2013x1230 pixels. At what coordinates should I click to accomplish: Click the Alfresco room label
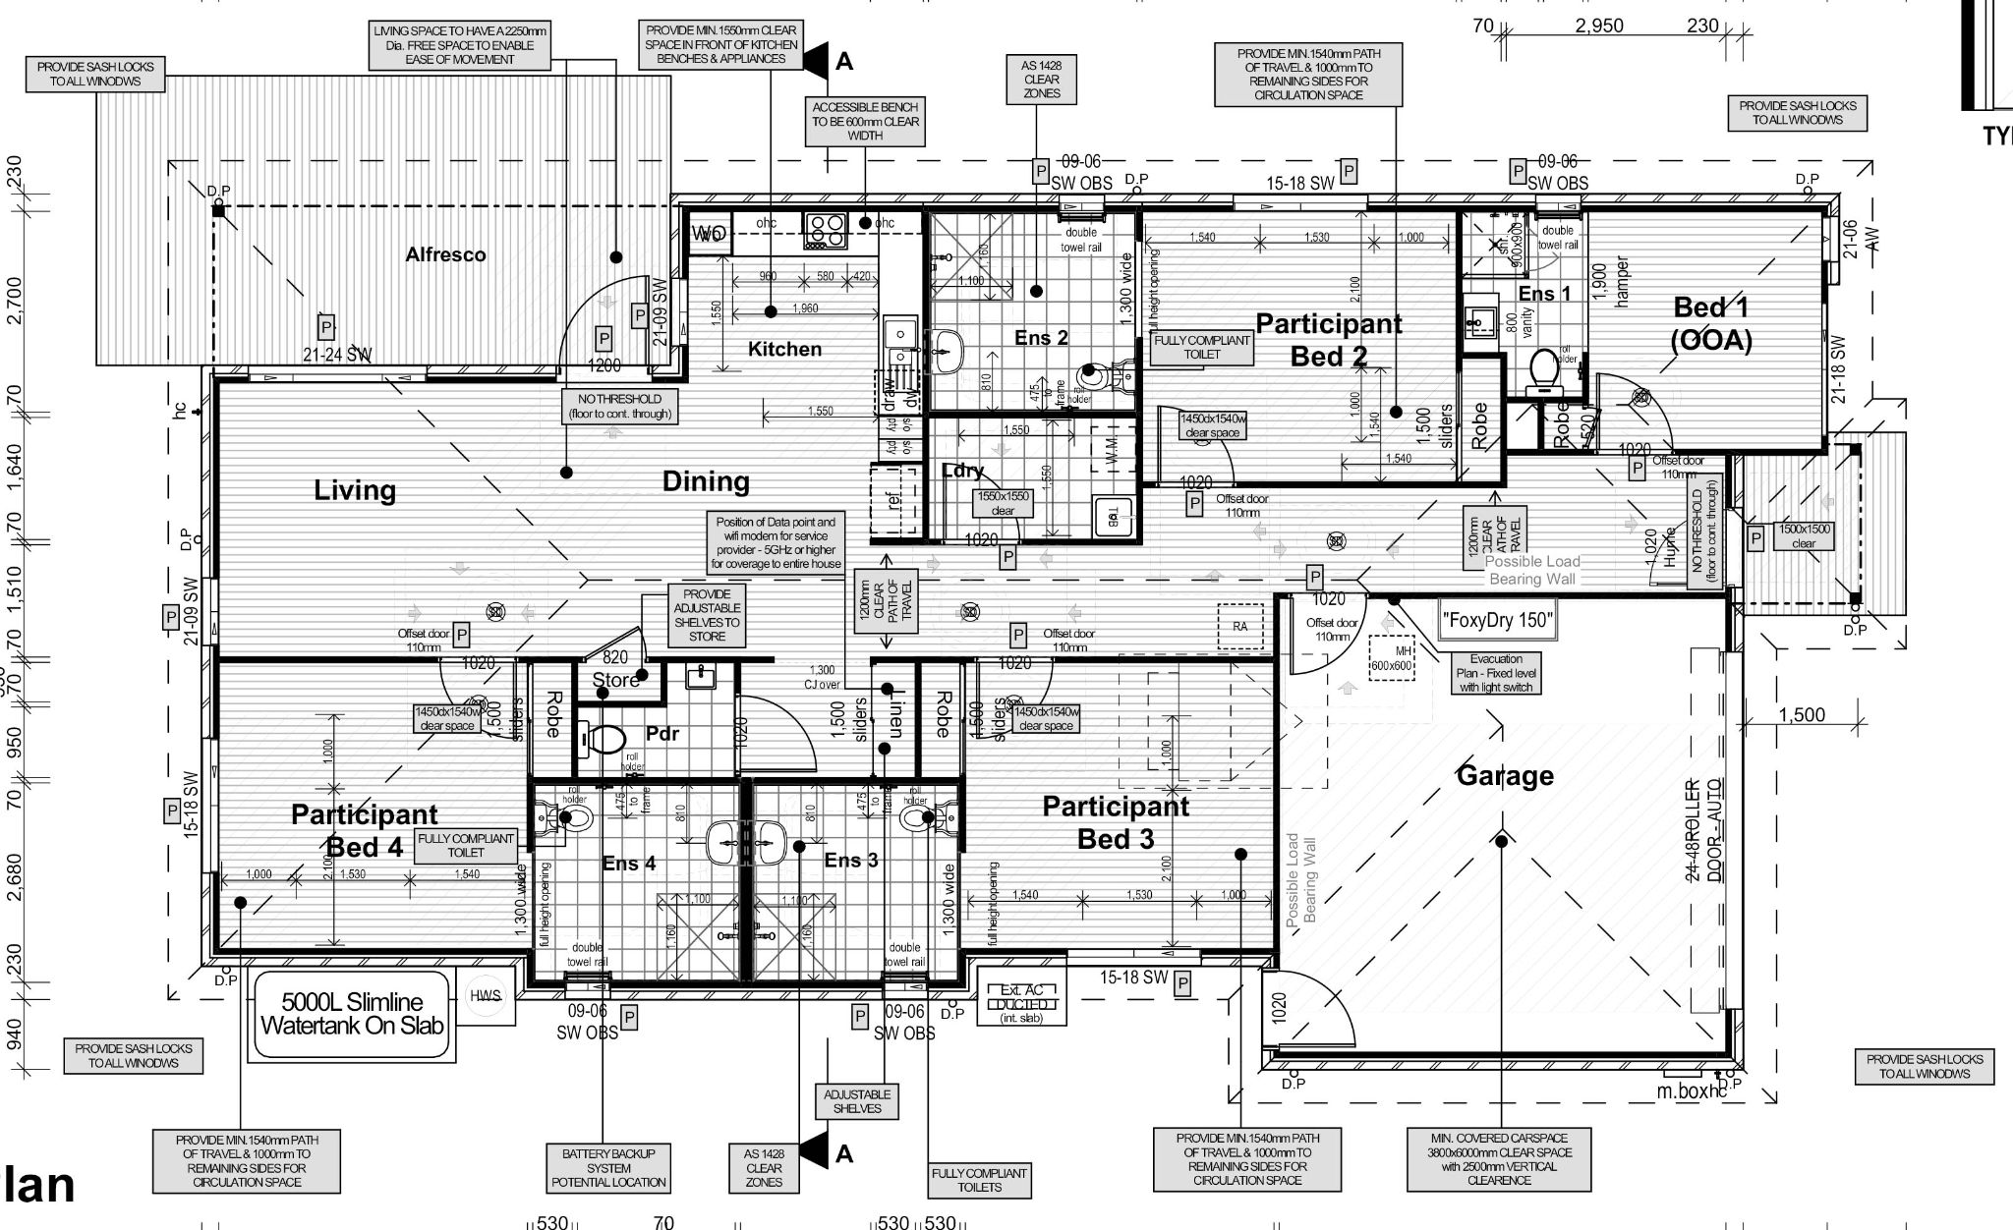click(445, 254)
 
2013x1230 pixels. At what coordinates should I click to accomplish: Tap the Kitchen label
click(784, 349)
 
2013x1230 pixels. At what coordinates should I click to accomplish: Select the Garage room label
click(1505, 775)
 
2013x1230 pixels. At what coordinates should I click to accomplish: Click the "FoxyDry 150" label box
click(1496, 621)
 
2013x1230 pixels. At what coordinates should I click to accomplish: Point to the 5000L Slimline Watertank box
click(352, 1014)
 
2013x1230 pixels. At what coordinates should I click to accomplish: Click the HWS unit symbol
click(486, 996)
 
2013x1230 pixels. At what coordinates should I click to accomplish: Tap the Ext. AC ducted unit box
click(1020, 1003)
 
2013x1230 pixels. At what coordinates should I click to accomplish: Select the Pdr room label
click(662, 734)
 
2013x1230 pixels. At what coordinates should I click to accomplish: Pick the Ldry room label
click(962, 471)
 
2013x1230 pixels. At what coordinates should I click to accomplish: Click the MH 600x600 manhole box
click(1391, 659)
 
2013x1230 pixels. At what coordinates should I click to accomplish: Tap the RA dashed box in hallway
click(1240, 625)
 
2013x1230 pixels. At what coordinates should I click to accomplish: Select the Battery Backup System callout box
click(608, 1168)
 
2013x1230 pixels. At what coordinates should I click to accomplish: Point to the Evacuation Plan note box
click(1496, 673)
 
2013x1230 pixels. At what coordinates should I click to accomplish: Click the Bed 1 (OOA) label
click(1711, 323)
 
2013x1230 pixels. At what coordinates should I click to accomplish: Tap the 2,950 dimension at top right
click(1599, 26)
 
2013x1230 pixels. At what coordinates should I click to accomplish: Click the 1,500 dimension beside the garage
click(1802, 715)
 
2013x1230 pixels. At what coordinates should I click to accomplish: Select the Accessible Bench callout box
click(865, 122)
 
